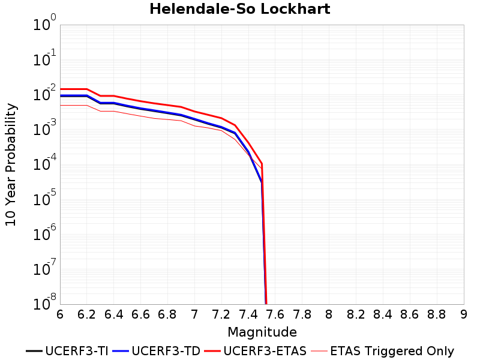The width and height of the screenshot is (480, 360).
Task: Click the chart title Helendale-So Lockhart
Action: pos(239,9)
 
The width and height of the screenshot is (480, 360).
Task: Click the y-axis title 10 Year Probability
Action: pos(11,164)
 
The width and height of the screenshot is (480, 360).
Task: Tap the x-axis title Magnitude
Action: pos(262,332)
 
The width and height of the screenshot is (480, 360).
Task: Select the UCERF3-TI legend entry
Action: pos(67,351)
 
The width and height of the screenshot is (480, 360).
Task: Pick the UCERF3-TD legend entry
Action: pos(157,351)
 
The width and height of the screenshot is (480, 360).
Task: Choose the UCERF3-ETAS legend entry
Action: pos(256,351)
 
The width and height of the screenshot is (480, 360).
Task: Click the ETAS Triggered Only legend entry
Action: pos(382,351)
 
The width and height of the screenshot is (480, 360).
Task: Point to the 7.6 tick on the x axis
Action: pos(275,314)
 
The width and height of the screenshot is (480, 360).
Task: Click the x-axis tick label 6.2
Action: pos(86,314)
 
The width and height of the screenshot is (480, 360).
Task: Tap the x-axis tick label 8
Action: pos(329,314)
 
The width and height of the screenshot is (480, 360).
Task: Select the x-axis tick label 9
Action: pos(463,314)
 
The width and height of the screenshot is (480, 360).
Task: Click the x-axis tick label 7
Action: pos(194,314)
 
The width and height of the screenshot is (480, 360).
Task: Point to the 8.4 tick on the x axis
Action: pos(383,314)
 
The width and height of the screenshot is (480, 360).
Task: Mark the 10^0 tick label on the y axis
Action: pos(44,22)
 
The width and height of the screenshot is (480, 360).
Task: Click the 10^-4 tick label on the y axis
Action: pos(44,162)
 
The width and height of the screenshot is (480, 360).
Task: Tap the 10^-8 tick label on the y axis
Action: pos(44,302)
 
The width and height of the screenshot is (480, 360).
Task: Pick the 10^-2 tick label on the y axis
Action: pos(44,92)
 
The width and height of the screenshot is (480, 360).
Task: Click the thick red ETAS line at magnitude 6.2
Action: pos(86,89)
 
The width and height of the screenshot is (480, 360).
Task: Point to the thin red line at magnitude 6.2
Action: pos(86,106)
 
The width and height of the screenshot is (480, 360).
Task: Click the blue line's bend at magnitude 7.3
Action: pos(235,133)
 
